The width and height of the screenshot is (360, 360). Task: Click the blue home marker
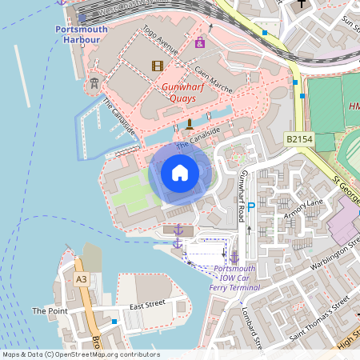(180, 172)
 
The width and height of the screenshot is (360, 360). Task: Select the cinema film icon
(156, 66)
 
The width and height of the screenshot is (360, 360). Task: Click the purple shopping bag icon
(199, 42)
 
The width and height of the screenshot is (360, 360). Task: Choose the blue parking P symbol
(250, 207)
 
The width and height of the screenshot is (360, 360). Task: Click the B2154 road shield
(298, 139)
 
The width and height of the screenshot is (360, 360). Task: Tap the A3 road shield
(81, 280)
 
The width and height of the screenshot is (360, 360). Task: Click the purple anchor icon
(178, 230)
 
